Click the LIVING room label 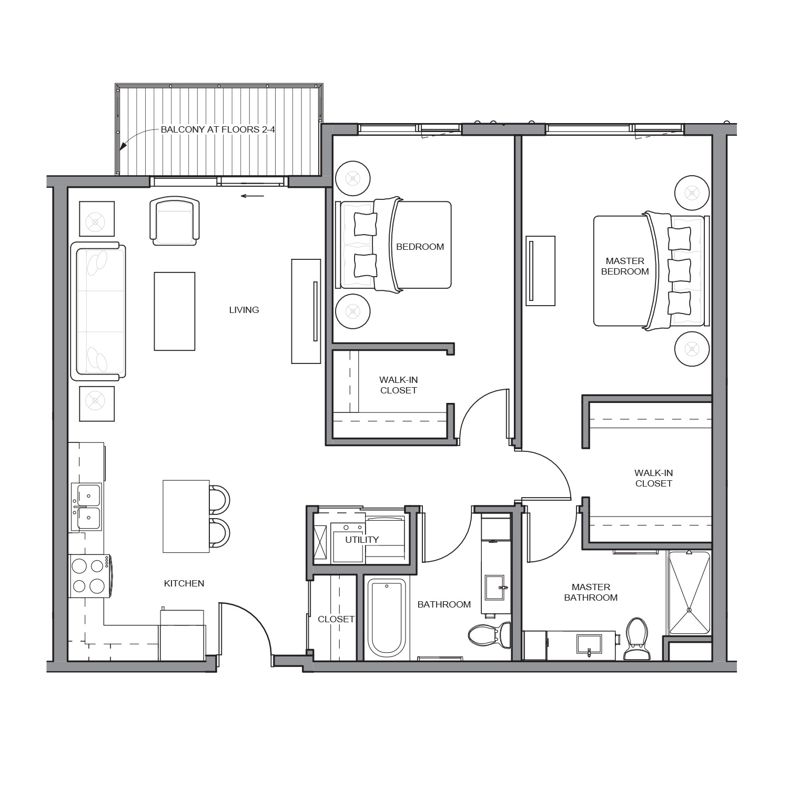tap(244, 310)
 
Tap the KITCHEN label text tap(184, 583)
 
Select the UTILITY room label tap(362, 540)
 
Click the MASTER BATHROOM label tap(591, 592)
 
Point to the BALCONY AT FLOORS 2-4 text tap(218, 129)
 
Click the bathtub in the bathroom tap(387, 619)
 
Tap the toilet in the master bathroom tap(636, 639)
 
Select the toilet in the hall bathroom tap(489, 634)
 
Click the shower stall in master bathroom tap(690, 593)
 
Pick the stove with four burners tap(89, 576)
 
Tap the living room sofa tap(98, 311)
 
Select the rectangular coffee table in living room tap(175, 311)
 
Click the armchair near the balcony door tap(175, 221)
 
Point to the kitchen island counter tap(186, 516)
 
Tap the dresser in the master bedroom tap(541, 271)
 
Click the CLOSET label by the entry tap(336, 619)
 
